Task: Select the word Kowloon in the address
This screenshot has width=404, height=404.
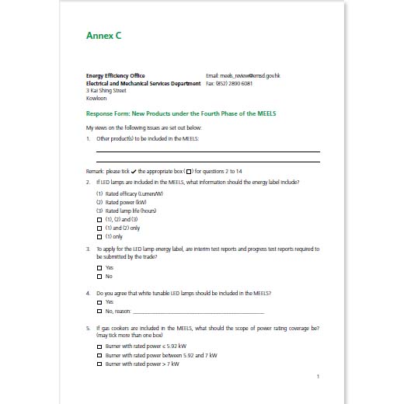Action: click(x=96, y=99)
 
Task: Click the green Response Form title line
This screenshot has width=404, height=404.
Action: click(x=180, y=113)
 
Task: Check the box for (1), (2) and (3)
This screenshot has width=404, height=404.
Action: click(x=99, y=220)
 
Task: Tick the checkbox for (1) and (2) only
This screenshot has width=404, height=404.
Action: click(x=99, y=228)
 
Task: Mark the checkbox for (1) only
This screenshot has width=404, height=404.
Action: click(x=99, y=236)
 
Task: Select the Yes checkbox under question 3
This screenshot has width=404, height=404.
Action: click(x=99, y=267)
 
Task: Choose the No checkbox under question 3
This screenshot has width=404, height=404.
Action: click(x=99, y=276)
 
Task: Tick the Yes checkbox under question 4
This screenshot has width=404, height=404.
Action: click(x=99, y=301)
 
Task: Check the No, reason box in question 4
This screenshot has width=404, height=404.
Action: click(x=99, y=309)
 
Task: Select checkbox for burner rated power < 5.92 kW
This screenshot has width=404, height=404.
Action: click(x=99, y=346)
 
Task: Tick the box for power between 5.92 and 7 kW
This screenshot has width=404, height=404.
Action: click(x=99, y=354)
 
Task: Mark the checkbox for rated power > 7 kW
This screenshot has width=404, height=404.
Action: click(x=99, y=363)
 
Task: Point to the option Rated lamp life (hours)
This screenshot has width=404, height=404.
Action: click(x=126, y=211)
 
